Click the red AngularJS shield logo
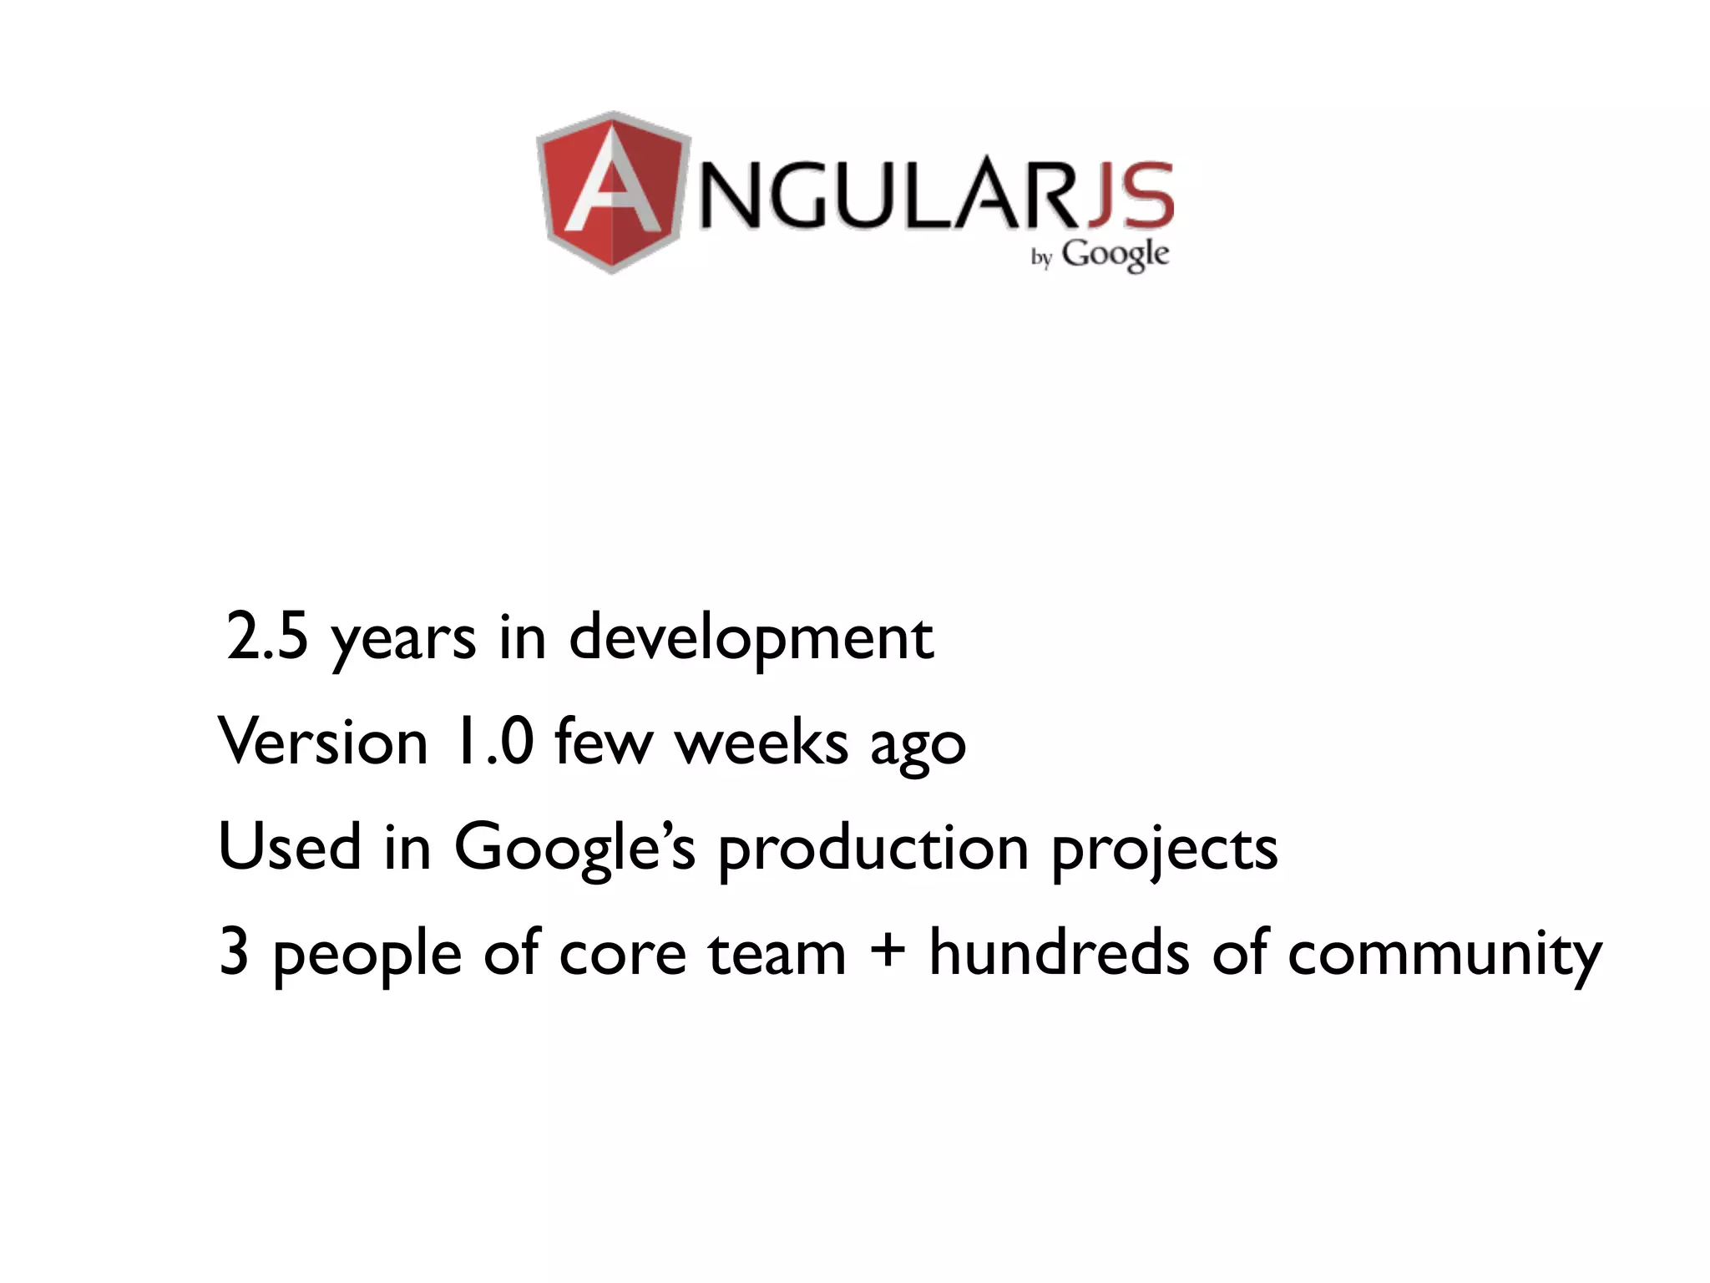pos(614,192)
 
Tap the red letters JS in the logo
pos(1131,196)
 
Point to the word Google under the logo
pos(1115,254)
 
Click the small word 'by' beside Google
pos(1041,257)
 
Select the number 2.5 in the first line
pos(267,636)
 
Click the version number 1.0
pos(493,741)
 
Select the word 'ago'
pos(918,746)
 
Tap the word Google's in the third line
pos(574,849)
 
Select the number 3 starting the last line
pos(234,952)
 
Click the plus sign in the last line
pos(887,953)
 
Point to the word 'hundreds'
pos(1059,951)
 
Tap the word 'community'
pos(1444,956)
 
